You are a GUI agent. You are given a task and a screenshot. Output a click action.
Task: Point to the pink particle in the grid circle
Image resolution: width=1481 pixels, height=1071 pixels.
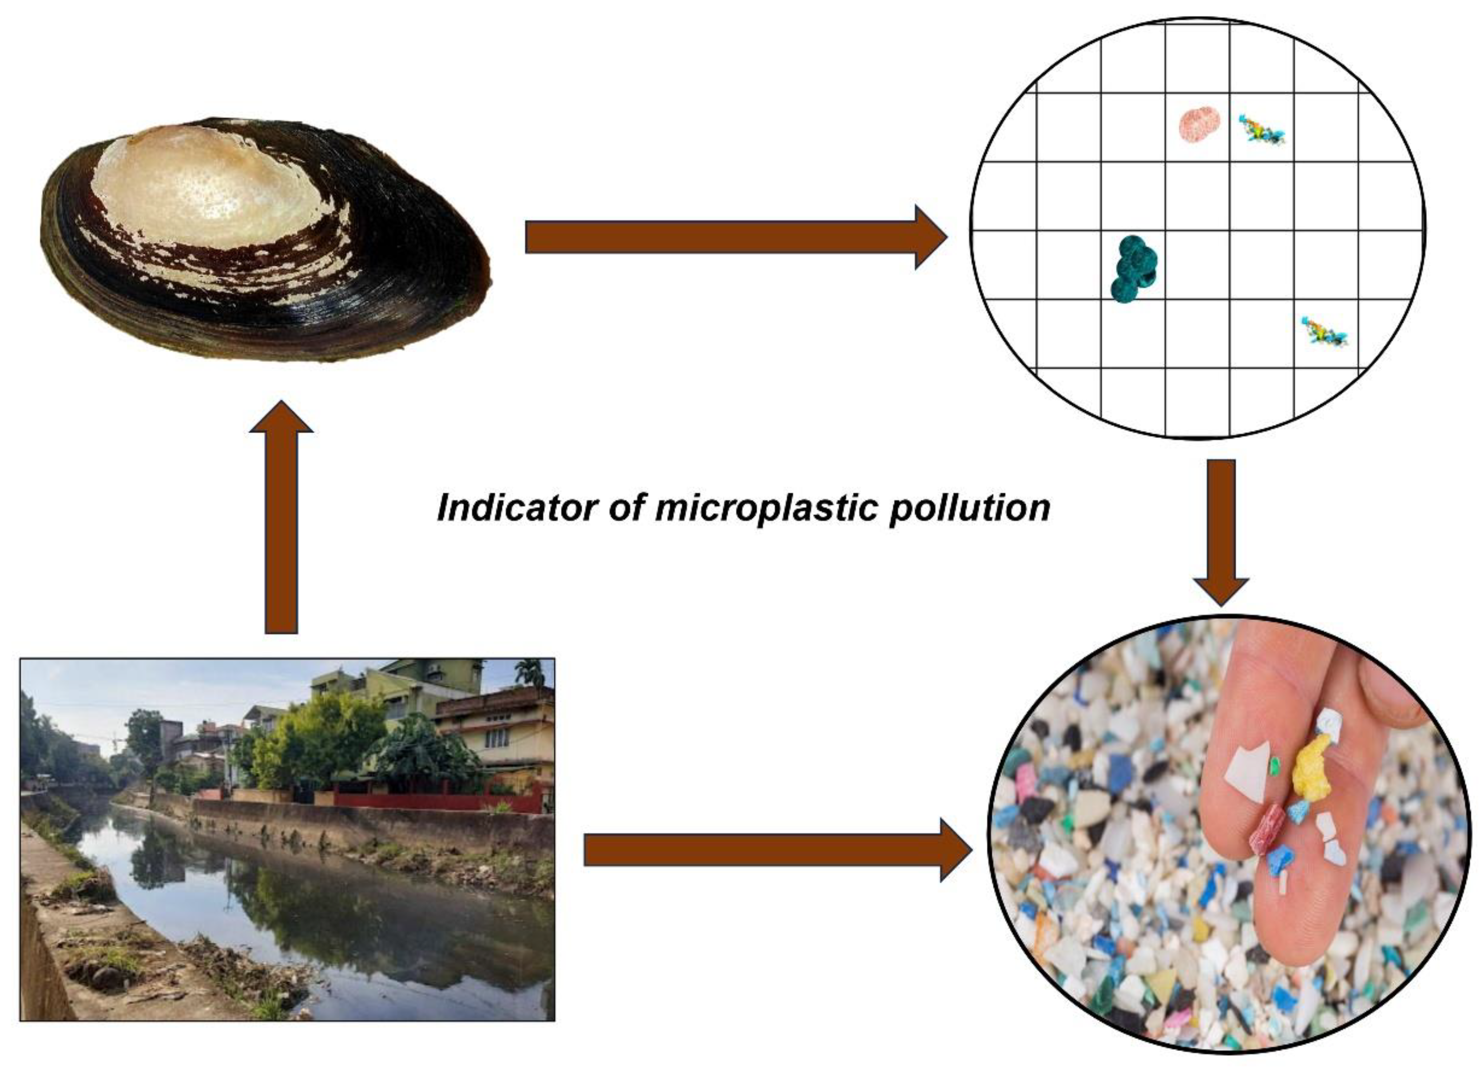pyautogui.click(x=1199, y=124)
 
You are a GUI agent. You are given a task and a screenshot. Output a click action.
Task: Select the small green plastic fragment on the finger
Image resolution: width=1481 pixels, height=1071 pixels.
pyautogui.click(x=1274, y=765)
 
